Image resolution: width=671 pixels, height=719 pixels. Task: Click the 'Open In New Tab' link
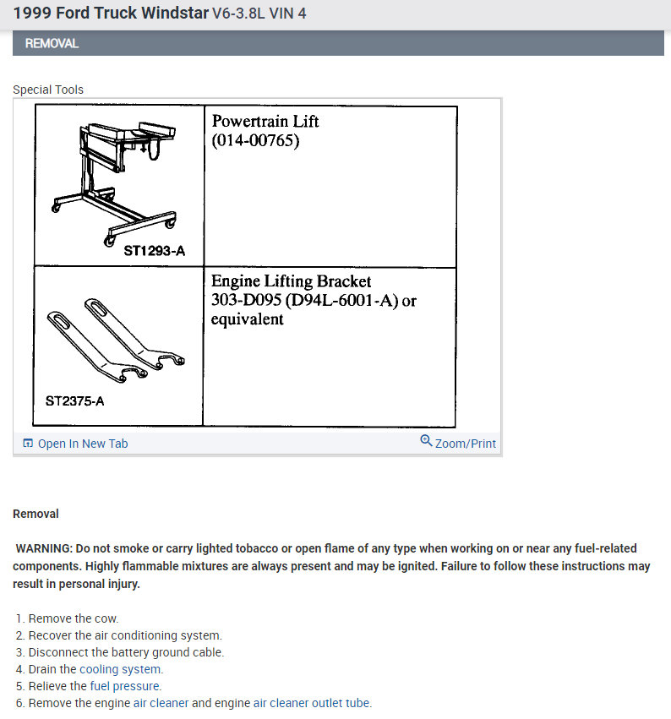click(82, 444)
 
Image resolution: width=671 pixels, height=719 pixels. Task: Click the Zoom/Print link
click(465, 444)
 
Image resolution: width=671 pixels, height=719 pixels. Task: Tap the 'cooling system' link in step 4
click(121, 669)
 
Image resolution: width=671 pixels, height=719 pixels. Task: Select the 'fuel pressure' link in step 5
click(125, 686)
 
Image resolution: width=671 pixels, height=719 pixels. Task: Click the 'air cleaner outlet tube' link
click(312, 703)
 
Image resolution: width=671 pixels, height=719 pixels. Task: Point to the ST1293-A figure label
click(154, 250)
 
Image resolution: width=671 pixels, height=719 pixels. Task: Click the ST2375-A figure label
click(74, 400)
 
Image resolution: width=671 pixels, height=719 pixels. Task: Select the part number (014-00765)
click(255, 140)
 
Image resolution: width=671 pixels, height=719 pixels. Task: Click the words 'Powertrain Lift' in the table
click(265, 121)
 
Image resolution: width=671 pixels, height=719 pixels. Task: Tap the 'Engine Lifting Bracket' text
click(291, 281)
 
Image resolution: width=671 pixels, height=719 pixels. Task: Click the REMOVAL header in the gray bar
click(52, 43)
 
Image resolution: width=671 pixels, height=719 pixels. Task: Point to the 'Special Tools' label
click(48, 90)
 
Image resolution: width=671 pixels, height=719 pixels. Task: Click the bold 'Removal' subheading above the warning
click(35, 514)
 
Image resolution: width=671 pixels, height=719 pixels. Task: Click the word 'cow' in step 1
click(107, 618)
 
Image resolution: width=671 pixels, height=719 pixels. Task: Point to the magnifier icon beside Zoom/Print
click(426, 441)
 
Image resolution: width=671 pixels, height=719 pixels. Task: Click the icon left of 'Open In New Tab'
click(28, 444)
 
